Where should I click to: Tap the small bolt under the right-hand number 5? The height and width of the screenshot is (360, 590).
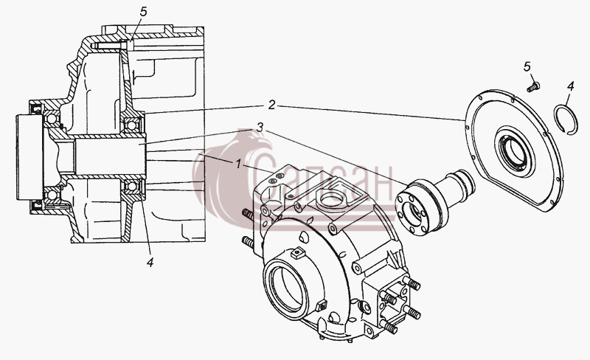tap(533, 87)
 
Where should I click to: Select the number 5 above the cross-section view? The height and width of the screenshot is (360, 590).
tap(143, 12)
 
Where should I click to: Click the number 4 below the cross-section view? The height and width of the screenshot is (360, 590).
tap(150, 263)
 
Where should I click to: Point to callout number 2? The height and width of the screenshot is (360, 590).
tap(271, 105)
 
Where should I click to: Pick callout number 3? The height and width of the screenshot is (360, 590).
tap(260, 128)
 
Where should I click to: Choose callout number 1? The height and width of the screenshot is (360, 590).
tap(238, 165)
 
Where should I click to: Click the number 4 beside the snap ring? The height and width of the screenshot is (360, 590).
tap(570, 86)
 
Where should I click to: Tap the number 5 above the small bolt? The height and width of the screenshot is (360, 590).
tap(527, 66)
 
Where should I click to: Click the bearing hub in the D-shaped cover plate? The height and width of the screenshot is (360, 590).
tap(514, 152)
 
